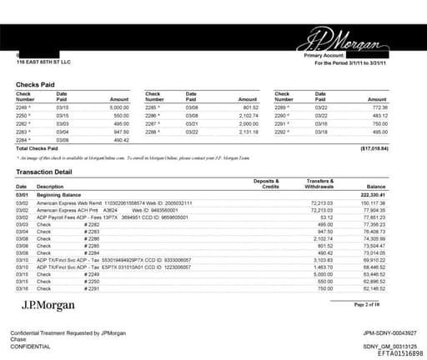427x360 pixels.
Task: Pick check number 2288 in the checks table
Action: pos(153,131)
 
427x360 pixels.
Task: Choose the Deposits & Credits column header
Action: pos(265,183)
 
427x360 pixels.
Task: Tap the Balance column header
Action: pos(398,187)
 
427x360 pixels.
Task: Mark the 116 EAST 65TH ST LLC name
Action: pos(43,62)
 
